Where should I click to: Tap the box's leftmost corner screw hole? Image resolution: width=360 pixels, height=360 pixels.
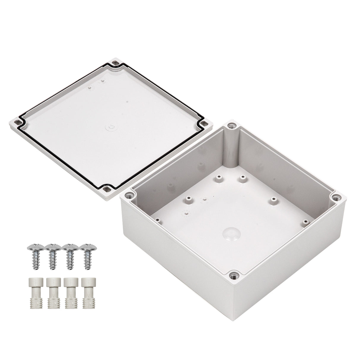pyautogui.click(x=129, y=195)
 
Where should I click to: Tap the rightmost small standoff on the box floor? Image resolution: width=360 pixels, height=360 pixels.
pyautogui.click(x=305, y=221)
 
